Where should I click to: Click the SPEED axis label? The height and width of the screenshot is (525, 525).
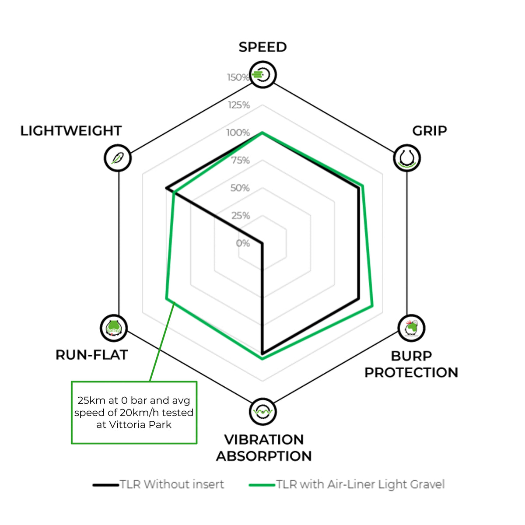pyautogui.click(x=262, y=47)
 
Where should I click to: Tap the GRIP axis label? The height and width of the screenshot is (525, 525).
pyautogui.click(x=430, y=131)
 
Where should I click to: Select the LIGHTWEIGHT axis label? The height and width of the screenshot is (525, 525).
pyautogui.click(x=71, y=131)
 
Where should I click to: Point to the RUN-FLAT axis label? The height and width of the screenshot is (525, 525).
pyautogui.click(x=91, y=355)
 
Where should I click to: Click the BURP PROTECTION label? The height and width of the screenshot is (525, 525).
pyautogui.click(x=411, y=364)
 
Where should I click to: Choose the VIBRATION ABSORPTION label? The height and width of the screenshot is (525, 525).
pyautogui.click(x=264, y=448)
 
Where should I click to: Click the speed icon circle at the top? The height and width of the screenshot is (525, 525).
pyautogui.click(x=263, y=74)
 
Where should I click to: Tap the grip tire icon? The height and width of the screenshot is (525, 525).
pyautogui.click(x=407, y=158)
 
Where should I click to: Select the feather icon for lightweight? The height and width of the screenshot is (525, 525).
pyautogui.click(x=118, y=158)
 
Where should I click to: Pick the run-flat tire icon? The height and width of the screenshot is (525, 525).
pyautogui.click(x=114, y=328)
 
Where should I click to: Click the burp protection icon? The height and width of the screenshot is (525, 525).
pyautogui.click(x=411, y=328)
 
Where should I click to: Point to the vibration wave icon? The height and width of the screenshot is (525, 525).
pyautogui.click(x=263, y=412)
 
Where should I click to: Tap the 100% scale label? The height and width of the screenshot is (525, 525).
pyautogui.click(x=238, y=133)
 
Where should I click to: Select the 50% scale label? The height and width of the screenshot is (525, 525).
pyautogui.click(x=240, y=188)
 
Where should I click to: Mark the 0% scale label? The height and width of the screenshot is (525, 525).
pyautogui.click(x=243, y=243)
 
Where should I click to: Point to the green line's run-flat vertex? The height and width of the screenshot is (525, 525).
pyautogui.click(x=166, y=299)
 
